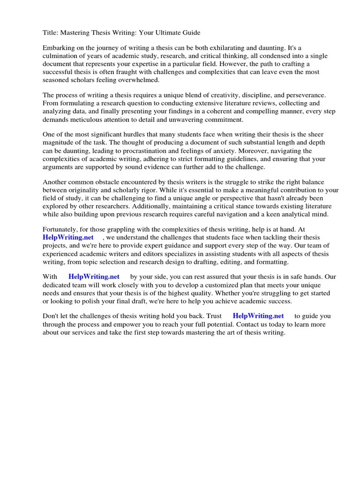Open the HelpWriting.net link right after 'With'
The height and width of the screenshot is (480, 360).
(x=94, y=277)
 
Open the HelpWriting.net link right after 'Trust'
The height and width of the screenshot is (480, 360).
(x=258, y=316)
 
